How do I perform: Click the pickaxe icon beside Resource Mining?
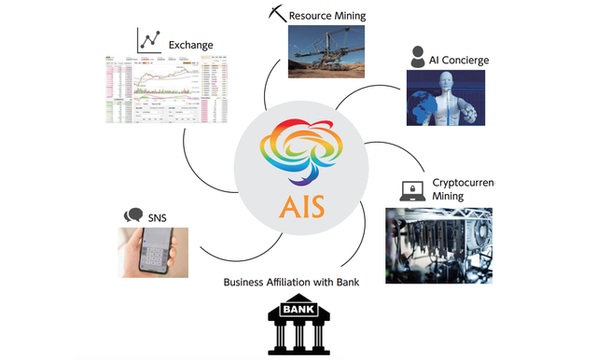pyautogui.click(x=275, y=14)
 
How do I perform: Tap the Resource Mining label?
pyautogui.click(x=326, y=16)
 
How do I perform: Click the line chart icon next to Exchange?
pyautogui.click(x=149, y=40)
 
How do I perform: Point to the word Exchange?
pyautogui.click(x=191, y=45)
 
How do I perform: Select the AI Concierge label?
pyautogui.click(x=459, y=61)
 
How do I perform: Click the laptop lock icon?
pyautogui.click(x=410, y=191)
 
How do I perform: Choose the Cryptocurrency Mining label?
pyautogui.click(x=462, y=189)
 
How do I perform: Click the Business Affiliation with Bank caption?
pyautogui.click(x=292, y=282)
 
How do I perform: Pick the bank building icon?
pyautogui.click(x=293, y=325)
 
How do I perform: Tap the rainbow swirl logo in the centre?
pyautogui.click(x=299, y=149)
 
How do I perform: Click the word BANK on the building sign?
pyautogui.click(x=293, y=309)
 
